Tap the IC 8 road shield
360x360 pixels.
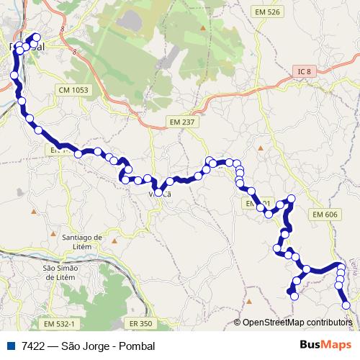tap(305, 71)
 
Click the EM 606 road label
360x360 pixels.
tap(325, 215)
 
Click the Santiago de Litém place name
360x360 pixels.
tap(84, 240)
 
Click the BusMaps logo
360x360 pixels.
tap(325, 346)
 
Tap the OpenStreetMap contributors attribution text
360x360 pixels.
tap(297, 323)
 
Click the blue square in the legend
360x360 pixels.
tap(12, 346)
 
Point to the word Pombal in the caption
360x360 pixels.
tap(138, 346)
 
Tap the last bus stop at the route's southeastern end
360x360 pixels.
tap(347, 305)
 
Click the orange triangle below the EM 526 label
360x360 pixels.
tap(204, 29)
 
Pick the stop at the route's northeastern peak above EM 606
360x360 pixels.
tap(292, 199)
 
